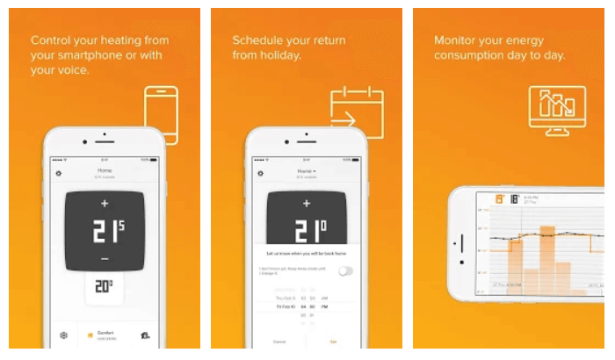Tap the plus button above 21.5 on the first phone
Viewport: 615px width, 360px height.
point(105,204)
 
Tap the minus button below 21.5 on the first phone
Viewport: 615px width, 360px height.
point(105,260)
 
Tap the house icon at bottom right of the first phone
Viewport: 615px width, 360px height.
point(144,335)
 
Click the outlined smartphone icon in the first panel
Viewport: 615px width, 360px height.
point(161,114)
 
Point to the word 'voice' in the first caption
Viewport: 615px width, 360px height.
point(72,71)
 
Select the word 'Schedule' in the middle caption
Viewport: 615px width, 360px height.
point(259,40)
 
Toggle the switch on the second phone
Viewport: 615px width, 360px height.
point(345,271)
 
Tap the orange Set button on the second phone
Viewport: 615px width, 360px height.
point(332,342)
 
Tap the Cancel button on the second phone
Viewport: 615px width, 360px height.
point(280,342)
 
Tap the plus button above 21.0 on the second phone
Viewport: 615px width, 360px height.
point(306,204)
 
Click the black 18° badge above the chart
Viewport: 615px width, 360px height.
point(513,200)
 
